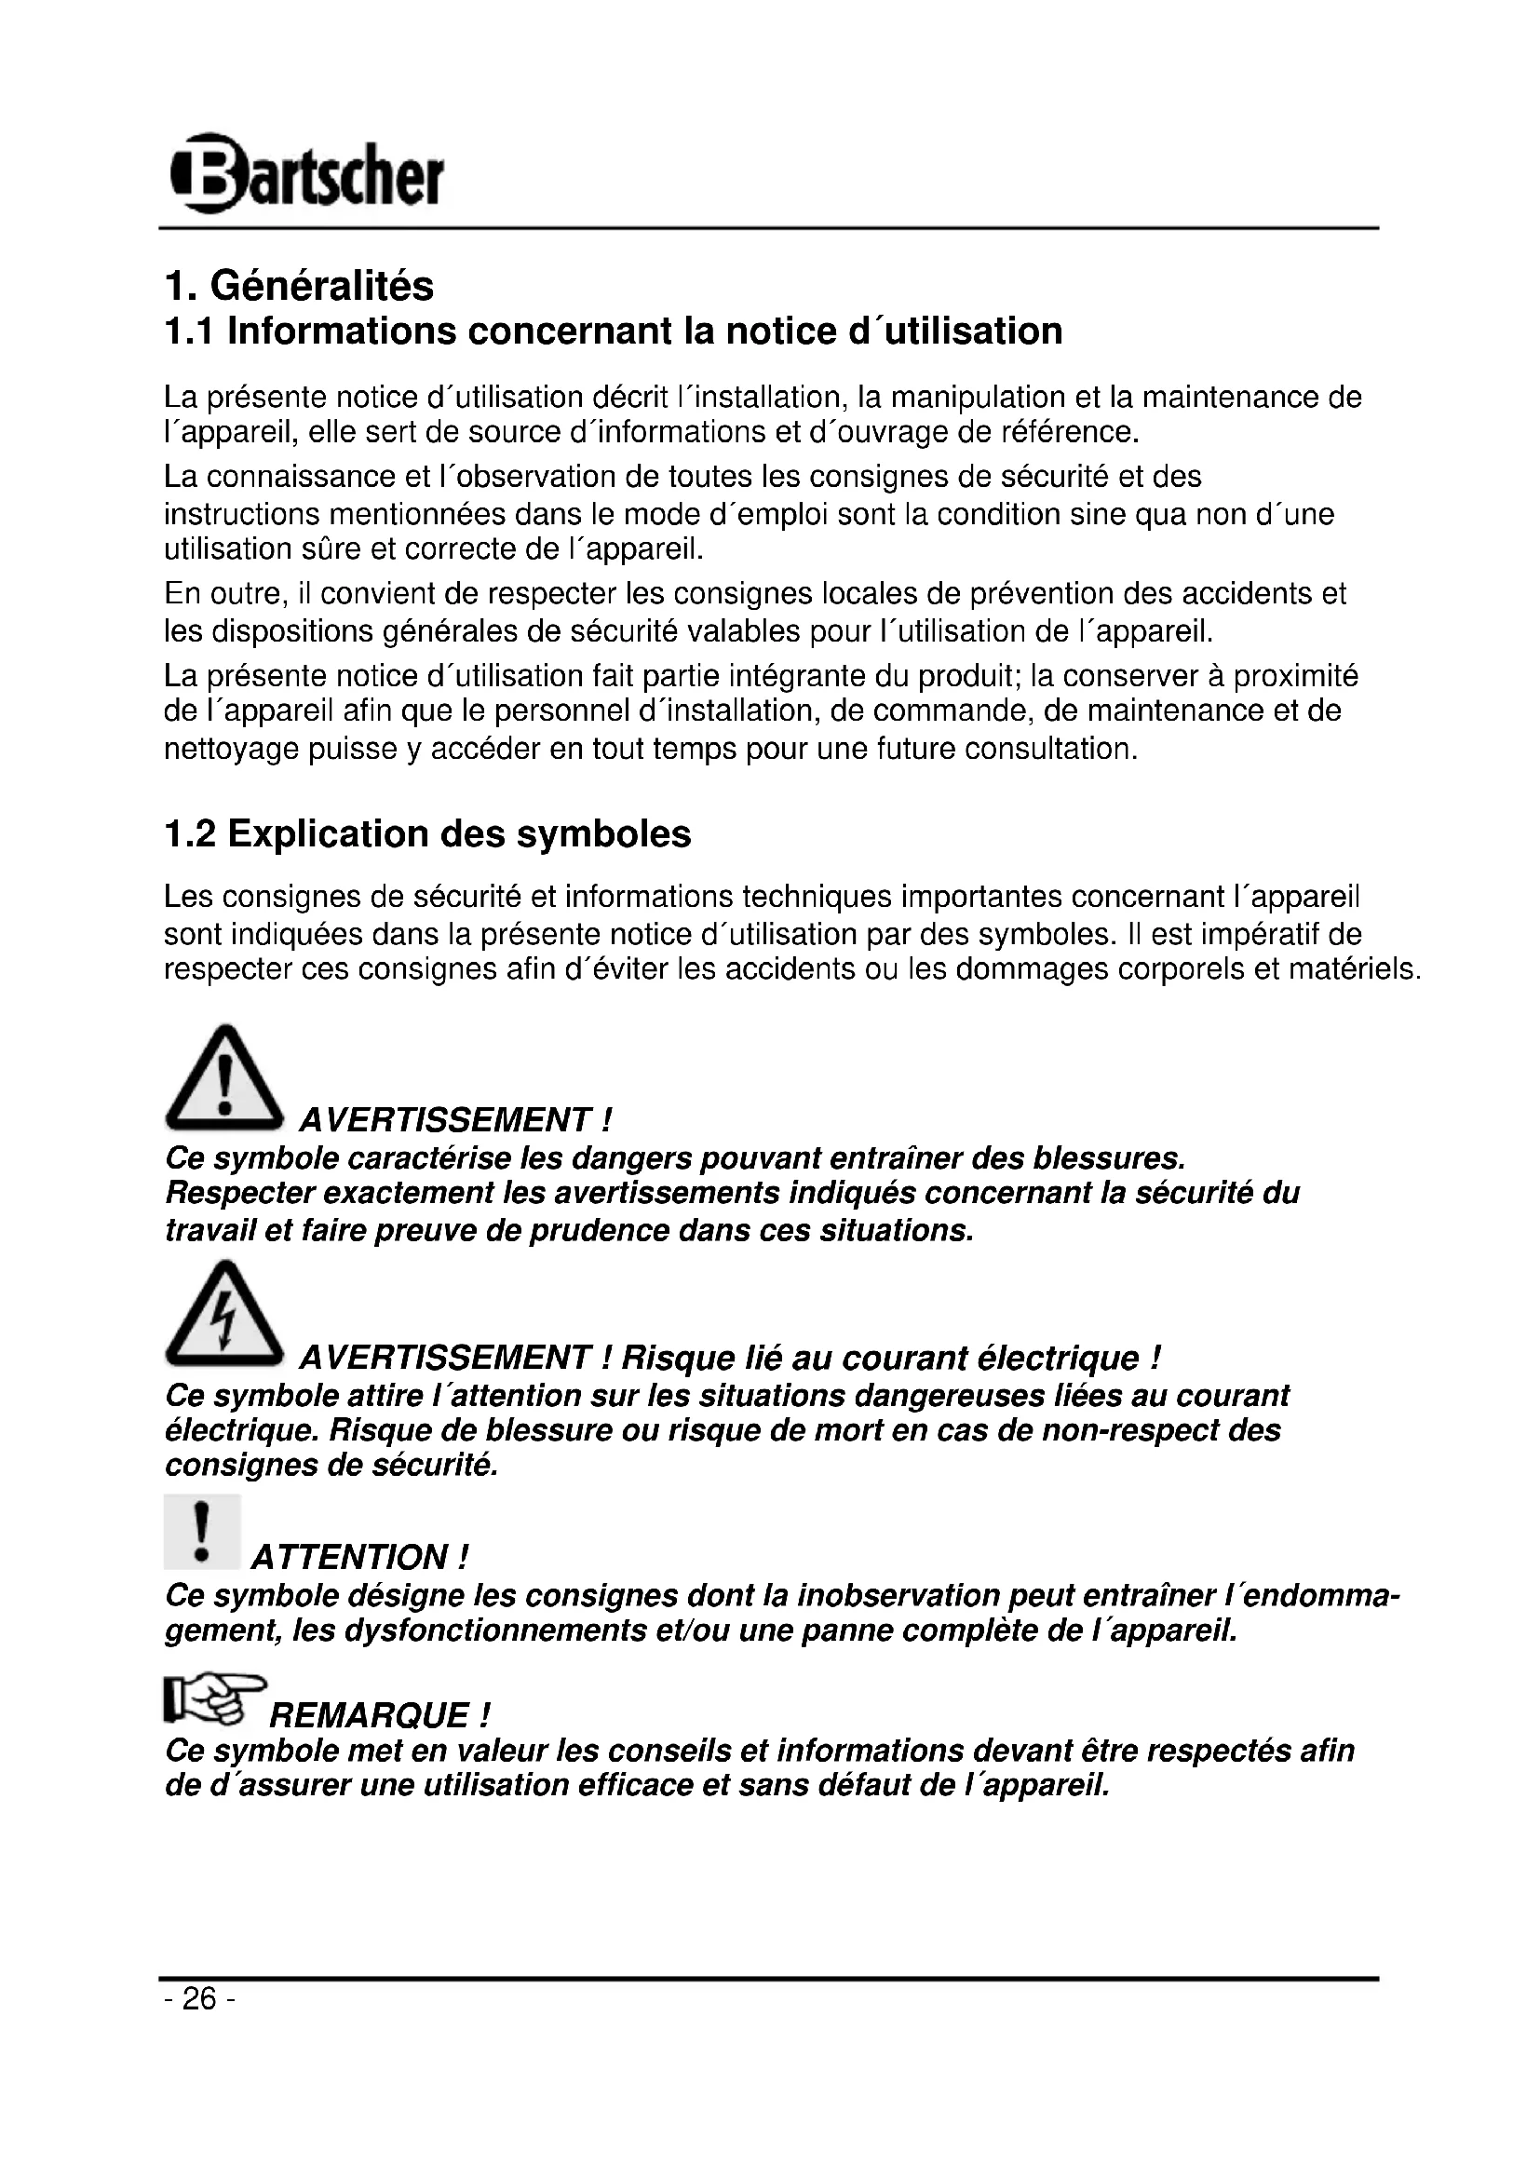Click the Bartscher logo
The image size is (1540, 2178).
(x=305, y=174)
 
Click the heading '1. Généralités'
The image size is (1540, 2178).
(x=299, y=286)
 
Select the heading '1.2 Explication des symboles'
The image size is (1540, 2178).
(x=427, y=833)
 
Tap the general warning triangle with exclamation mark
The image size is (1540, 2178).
(x=223, y=1079)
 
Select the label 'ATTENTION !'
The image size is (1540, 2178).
(x=359, y=1558)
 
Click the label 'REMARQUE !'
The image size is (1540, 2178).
(x=380, y=1716)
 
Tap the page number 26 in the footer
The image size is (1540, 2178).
(x=199, y=1998)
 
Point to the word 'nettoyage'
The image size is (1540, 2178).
(x=233, y=749)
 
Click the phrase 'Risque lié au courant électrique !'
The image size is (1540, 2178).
(x=890, y=1359)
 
